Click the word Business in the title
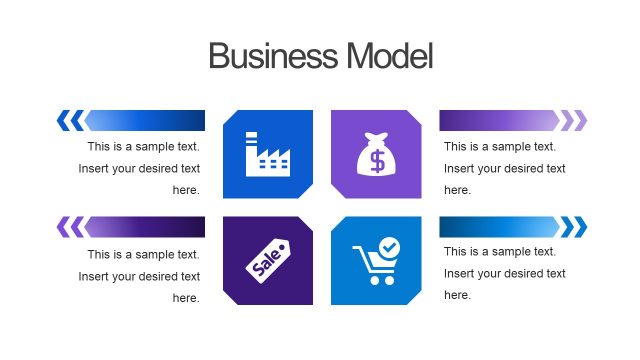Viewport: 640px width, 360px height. click(272, 56)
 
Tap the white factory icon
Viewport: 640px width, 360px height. click(267, 154)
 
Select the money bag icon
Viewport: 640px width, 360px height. click(376, 154)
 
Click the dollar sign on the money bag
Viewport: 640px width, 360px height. click(377, 160)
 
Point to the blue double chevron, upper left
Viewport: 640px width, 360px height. click(70, 121)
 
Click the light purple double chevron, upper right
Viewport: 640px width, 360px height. click(573, 121)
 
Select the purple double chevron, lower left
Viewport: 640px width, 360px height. click(70, 227)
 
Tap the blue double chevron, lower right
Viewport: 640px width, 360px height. click(573, 227)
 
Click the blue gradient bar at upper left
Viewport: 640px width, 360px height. click(146, 121)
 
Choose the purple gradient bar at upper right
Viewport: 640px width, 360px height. click(498, 121)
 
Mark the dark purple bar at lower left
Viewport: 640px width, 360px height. click(146, 227)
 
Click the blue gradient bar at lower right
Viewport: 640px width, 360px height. click(498, 227)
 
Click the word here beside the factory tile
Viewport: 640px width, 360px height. click(186, 190)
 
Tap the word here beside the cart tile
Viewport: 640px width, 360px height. click(457, 295)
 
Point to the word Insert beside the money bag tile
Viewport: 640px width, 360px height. click(459, 168)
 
